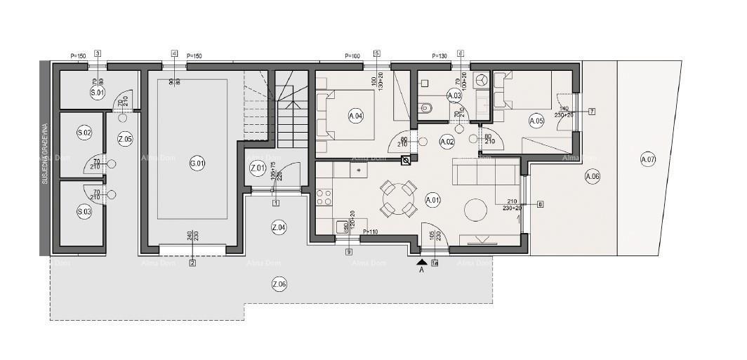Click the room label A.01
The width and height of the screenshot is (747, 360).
click(x=432, y=200)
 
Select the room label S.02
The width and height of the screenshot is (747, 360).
click(x=84, y=133)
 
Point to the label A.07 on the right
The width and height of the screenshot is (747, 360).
click(x=647, y=159)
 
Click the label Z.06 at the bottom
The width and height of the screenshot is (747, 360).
click(x=279, y=284)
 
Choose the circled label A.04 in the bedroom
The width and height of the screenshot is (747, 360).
click(x=355, y=116)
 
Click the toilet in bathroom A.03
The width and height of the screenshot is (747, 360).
click(x=425, y=107)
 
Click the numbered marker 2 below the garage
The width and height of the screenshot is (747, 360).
click(x=192, y=263)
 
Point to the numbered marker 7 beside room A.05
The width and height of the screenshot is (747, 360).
click(x=592, y=112)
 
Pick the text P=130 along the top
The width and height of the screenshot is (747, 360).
click(x=439, y=55)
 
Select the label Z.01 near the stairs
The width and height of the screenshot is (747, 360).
click(x=258, y=168)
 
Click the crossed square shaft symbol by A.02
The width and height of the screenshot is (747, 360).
click(x=405, y=161)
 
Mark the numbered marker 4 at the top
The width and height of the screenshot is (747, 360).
click(x=174, y=53)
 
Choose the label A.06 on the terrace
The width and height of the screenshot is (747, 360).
click(x=593, y=177)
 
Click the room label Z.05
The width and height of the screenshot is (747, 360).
click(x=124, y=138)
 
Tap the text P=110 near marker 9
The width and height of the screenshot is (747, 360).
click(x=371, y=231)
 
